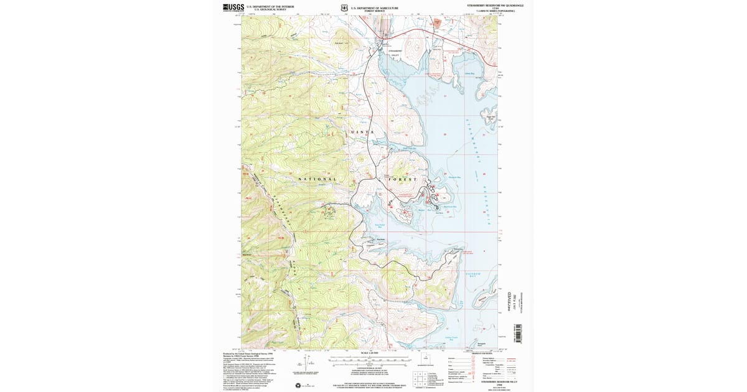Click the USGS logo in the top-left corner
click(x=233, y=7)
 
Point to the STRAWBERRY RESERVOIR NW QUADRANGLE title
click(x=495, y=5)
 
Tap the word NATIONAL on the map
click(x=317, y=179)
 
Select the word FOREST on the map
click(x=403, y=179)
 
